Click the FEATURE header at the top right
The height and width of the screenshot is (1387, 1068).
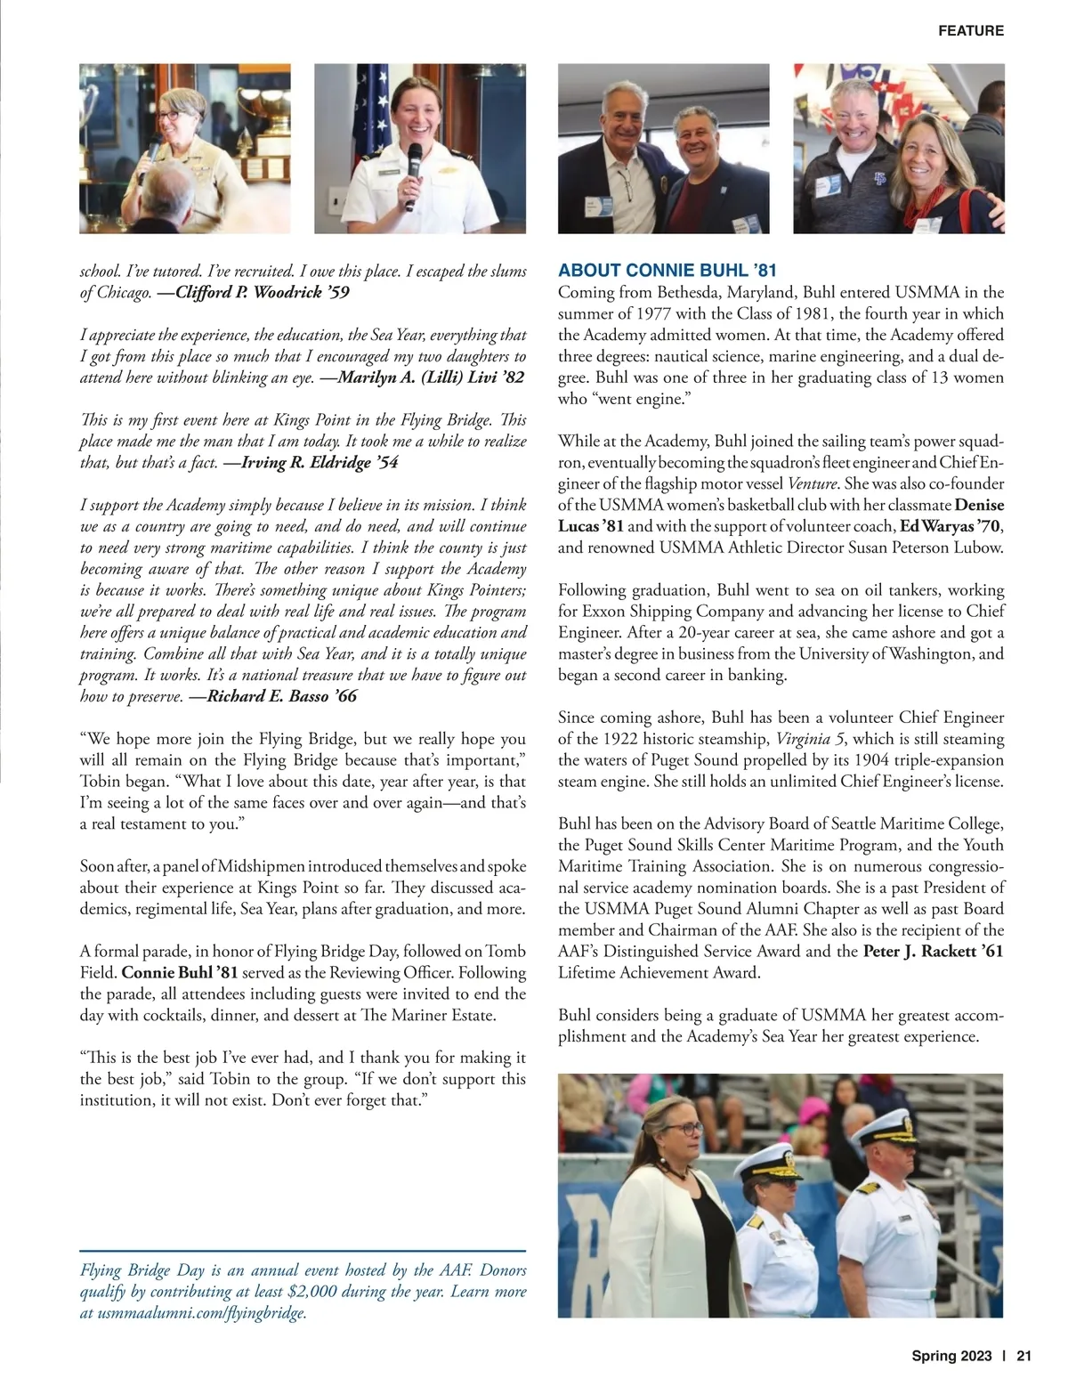(x=970, y=30)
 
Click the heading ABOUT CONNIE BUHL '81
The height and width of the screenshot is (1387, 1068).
(x=667, y=271)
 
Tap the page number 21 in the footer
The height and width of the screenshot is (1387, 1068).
(x=1023, y=1357)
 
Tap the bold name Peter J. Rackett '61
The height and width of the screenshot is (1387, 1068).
(x=933, y=951)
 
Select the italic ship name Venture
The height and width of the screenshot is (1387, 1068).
(x=813, y=483)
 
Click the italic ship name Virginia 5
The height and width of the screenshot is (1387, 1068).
(x=810, y=739)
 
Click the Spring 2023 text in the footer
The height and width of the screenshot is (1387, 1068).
(x=951, y=1357)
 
